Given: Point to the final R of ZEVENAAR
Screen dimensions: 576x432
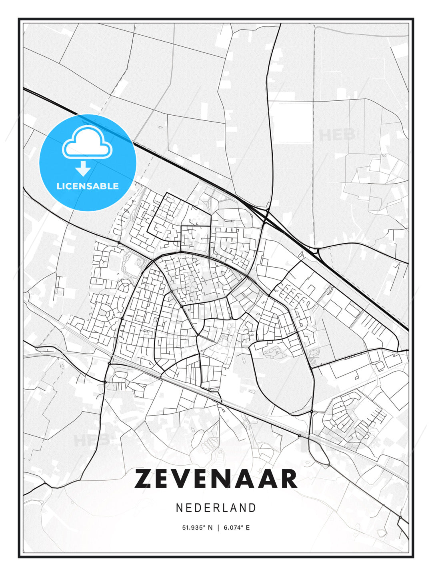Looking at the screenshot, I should (x=288, y=479).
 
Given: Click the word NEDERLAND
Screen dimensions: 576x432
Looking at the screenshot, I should (x=216, y=508).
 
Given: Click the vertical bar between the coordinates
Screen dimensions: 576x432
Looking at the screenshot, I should (x=218, y=528).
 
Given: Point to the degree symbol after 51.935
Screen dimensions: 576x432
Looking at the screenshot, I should (x=204, y=526).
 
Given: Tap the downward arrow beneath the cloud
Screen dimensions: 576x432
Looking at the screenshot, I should (x=83, y=169).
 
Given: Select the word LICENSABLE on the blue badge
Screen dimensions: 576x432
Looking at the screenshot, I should (x=88, y=186).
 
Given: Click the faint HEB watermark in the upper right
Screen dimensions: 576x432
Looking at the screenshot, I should (x=337, y=135).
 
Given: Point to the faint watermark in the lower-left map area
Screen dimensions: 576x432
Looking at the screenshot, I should (x=91, y=440).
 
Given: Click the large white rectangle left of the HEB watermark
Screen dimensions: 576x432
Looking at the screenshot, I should (x=291, y=122).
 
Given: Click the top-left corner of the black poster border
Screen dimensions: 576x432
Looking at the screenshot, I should (x=19, y=19).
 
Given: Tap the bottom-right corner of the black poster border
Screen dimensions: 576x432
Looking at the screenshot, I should (x=413, y=557).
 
